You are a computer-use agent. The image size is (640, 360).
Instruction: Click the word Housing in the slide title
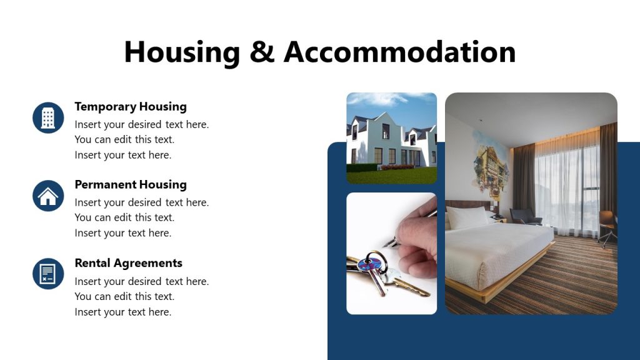coord(182,52)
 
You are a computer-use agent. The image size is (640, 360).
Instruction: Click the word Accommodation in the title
coord(400,52)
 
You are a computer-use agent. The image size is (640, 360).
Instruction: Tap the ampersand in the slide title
coord(261,52)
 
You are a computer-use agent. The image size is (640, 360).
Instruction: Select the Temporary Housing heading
coord(131,106)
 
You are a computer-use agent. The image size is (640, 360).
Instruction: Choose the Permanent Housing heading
coord(131,184)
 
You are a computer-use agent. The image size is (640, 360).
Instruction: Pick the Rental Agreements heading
coord(128,263)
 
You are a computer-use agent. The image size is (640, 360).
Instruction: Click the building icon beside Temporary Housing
coord(48,117)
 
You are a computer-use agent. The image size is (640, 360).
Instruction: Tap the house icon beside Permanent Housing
coord(48,196)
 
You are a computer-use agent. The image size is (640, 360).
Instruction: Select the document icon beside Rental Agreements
coord(48,274)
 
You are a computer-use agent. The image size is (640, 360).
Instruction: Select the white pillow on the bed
coord(467,217)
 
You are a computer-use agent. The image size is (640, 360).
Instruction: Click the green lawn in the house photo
coord(391,176)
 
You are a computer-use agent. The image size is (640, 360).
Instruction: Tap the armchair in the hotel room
coord(524,216)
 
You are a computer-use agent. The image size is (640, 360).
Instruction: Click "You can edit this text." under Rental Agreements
coord(124,296)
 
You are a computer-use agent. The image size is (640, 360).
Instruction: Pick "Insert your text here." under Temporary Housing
coord(122,155)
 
